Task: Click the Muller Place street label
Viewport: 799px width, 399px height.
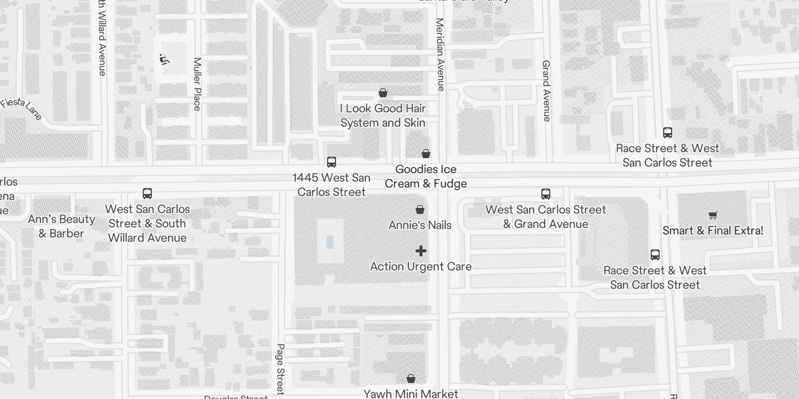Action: pos(197,84)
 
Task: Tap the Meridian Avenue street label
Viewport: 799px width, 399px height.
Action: pos(440,54)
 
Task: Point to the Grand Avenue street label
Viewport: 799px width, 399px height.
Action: pos(546,91)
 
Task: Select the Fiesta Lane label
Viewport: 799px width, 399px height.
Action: pos(21,109)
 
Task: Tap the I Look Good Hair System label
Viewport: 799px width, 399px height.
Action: pos(383,116)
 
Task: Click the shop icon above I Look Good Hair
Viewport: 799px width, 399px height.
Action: pos(383,93)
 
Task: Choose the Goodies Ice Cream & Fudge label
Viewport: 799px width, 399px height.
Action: pos(426,177)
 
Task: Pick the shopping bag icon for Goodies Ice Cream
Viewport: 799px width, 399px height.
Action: pos(426,154)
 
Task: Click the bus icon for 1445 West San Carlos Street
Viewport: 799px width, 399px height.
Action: pos(332,162)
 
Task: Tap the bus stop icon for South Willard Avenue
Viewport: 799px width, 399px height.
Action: pos(147,194)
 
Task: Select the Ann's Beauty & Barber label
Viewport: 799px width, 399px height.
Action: pos(61,226)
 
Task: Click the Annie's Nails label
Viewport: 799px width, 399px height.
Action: pos(420,225)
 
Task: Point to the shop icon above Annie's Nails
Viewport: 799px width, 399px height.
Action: pos(420,209)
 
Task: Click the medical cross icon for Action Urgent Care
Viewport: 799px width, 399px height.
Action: pos(421,251)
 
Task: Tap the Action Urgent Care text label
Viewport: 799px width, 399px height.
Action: pos(421,266)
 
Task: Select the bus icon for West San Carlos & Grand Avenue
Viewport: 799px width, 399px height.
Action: pos(546,194)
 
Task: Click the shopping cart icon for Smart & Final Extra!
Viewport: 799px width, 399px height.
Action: pos(713,215)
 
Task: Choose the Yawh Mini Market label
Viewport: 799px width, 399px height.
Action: pos(410,394)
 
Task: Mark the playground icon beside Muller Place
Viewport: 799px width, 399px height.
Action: pos(164,59)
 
